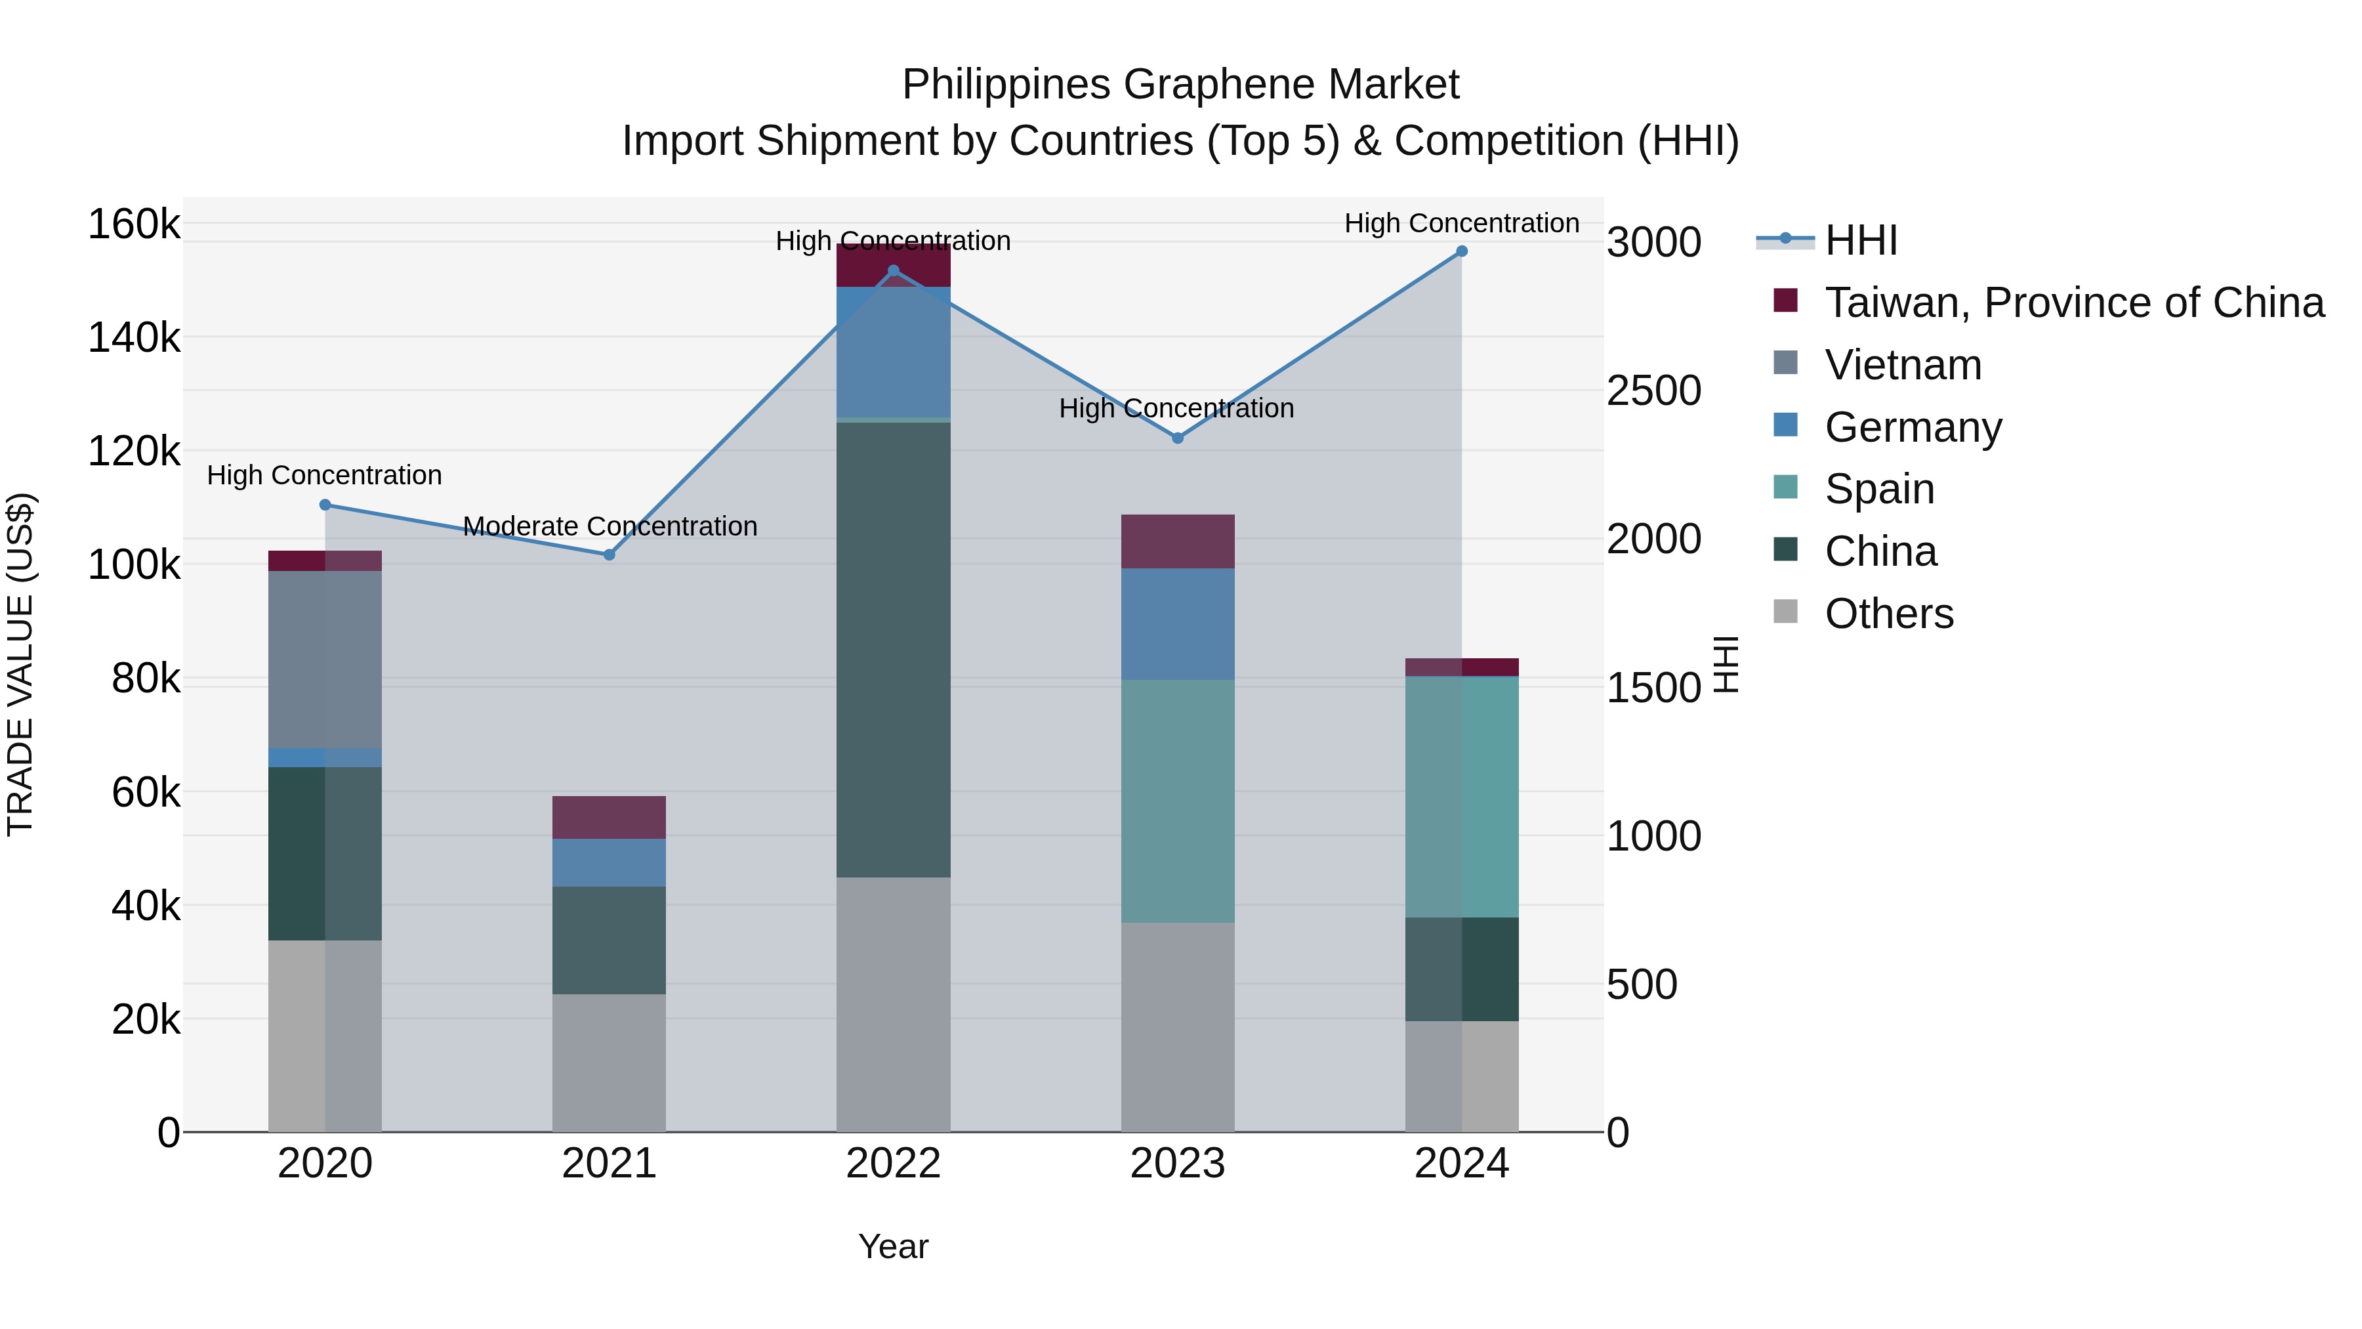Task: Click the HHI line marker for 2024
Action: coord(1462,251)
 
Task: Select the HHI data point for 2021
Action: coord(609,555)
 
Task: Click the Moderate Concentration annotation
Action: coord(610,526)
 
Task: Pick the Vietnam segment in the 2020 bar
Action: coord(325,660)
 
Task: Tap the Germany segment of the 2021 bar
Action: coord(609,862)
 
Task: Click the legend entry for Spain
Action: coord(1879,489)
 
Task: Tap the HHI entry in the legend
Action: coord(1861,240)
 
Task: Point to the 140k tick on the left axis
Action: coord(134,337)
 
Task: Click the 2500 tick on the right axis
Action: coord(1654,390)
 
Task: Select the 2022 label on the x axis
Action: coord(893,1164)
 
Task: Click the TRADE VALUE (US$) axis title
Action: coord(20,664)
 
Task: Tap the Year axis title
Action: coord(893,1246)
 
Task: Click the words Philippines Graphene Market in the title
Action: coord(1180,85)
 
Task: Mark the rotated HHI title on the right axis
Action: coord(1726,664)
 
